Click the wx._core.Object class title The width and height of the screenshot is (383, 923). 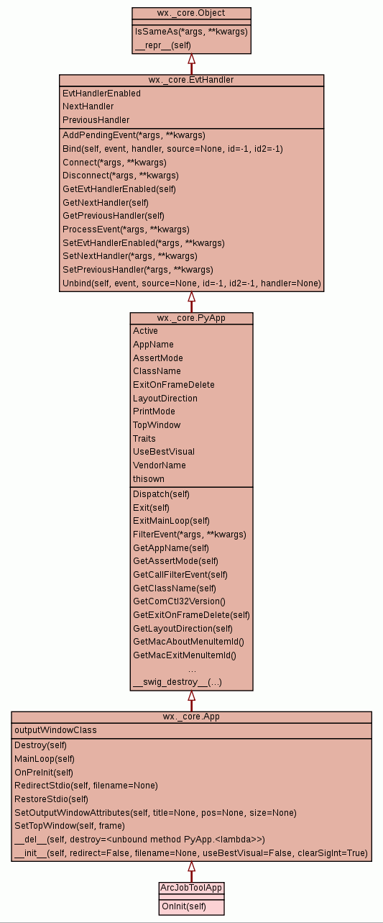coord(191,13)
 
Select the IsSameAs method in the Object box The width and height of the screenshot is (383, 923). coord(191,32)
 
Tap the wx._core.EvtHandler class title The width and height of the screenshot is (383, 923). coord(191,80)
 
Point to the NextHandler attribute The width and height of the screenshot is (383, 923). coord(88,106)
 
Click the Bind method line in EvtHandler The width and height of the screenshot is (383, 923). coord(172,149)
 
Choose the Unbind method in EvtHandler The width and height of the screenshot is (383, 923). coord(192,283)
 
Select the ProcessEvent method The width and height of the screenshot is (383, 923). coord(126,229)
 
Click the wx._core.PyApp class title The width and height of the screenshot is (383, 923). coord(191,318)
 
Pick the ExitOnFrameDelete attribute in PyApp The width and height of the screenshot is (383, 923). coord(174,385)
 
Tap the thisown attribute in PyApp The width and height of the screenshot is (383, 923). coord(149,479)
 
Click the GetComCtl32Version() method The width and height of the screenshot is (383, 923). coord(180,601)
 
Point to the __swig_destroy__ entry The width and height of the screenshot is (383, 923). coord(177,682)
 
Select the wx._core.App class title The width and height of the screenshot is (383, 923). coord(191,717)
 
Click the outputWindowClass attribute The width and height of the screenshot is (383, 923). coord(55,730)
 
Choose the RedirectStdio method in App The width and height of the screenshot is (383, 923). coord(86,786)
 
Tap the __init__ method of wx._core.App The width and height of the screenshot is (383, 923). coord(191,853)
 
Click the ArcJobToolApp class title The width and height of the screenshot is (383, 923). coord(191,888)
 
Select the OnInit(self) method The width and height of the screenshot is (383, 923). coord(184,906)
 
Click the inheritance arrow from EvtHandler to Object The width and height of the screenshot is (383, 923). coord(191,64)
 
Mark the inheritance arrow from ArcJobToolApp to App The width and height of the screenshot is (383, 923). coord(191,872)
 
